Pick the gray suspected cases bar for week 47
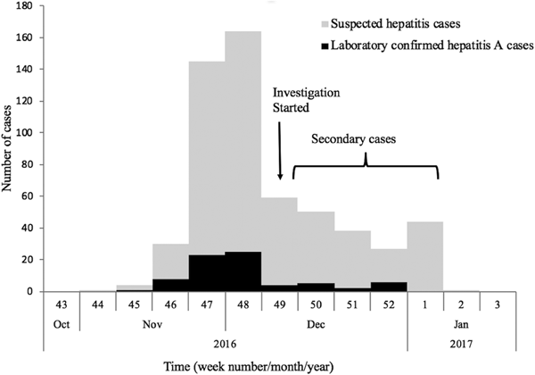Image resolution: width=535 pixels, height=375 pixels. pyautogui.click(x=206, y=161)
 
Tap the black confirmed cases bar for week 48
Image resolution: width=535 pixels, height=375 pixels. pyautogui.click(x=243, y=271)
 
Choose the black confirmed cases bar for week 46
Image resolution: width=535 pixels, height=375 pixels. pyautogui.click(x=169, y=285)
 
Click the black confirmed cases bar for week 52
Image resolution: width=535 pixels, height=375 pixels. pyautogui.click(x=389, y=287)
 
